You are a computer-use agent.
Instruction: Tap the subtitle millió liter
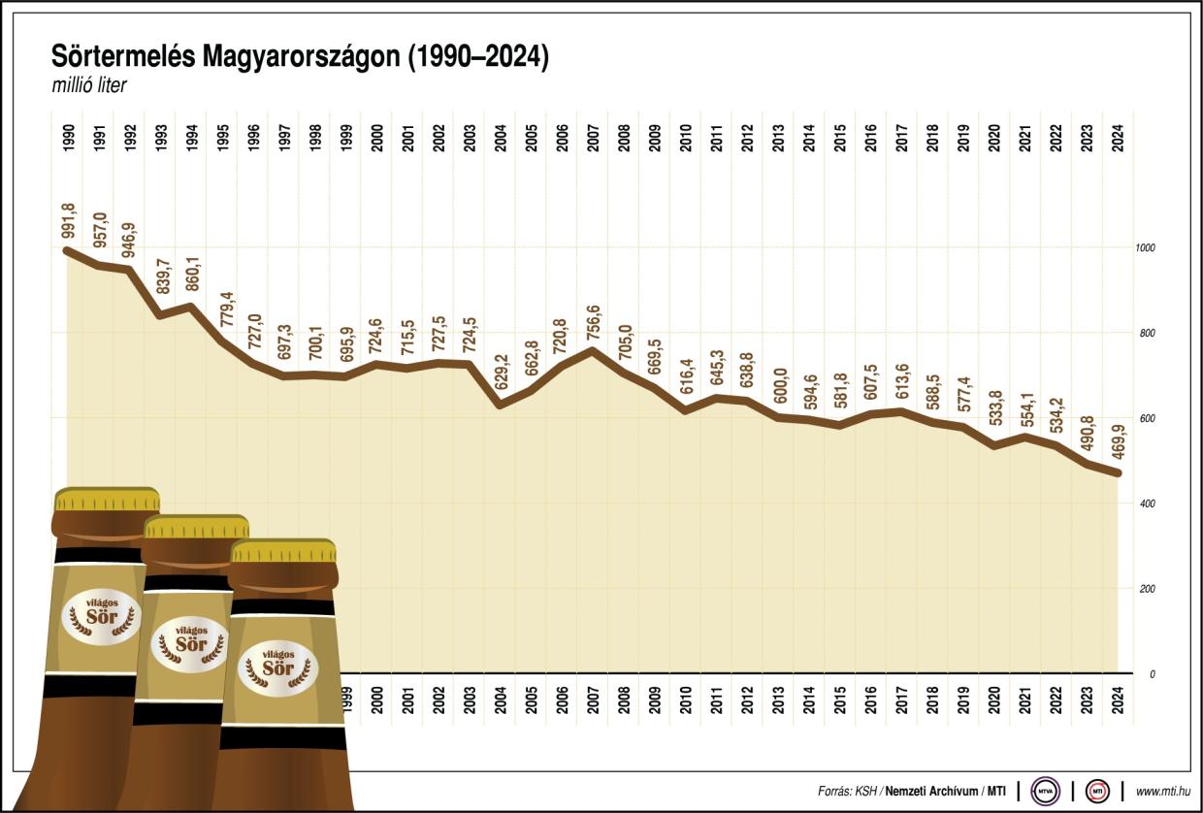(90, 85)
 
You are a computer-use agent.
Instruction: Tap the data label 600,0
(779, 390)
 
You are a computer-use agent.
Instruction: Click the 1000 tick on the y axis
(1145, 248)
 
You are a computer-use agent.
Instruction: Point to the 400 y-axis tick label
(1145, 504)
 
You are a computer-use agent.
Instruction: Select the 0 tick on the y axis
(1152, 674)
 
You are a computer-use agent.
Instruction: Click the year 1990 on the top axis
(68, 139)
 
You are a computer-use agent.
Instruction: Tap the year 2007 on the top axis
(593, 139)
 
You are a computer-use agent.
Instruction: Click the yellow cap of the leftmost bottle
(107, 500)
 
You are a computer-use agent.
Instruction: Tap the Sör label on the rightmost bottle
(277, 668)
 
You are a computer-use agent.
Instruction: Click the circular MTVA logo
(1045, 791)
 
